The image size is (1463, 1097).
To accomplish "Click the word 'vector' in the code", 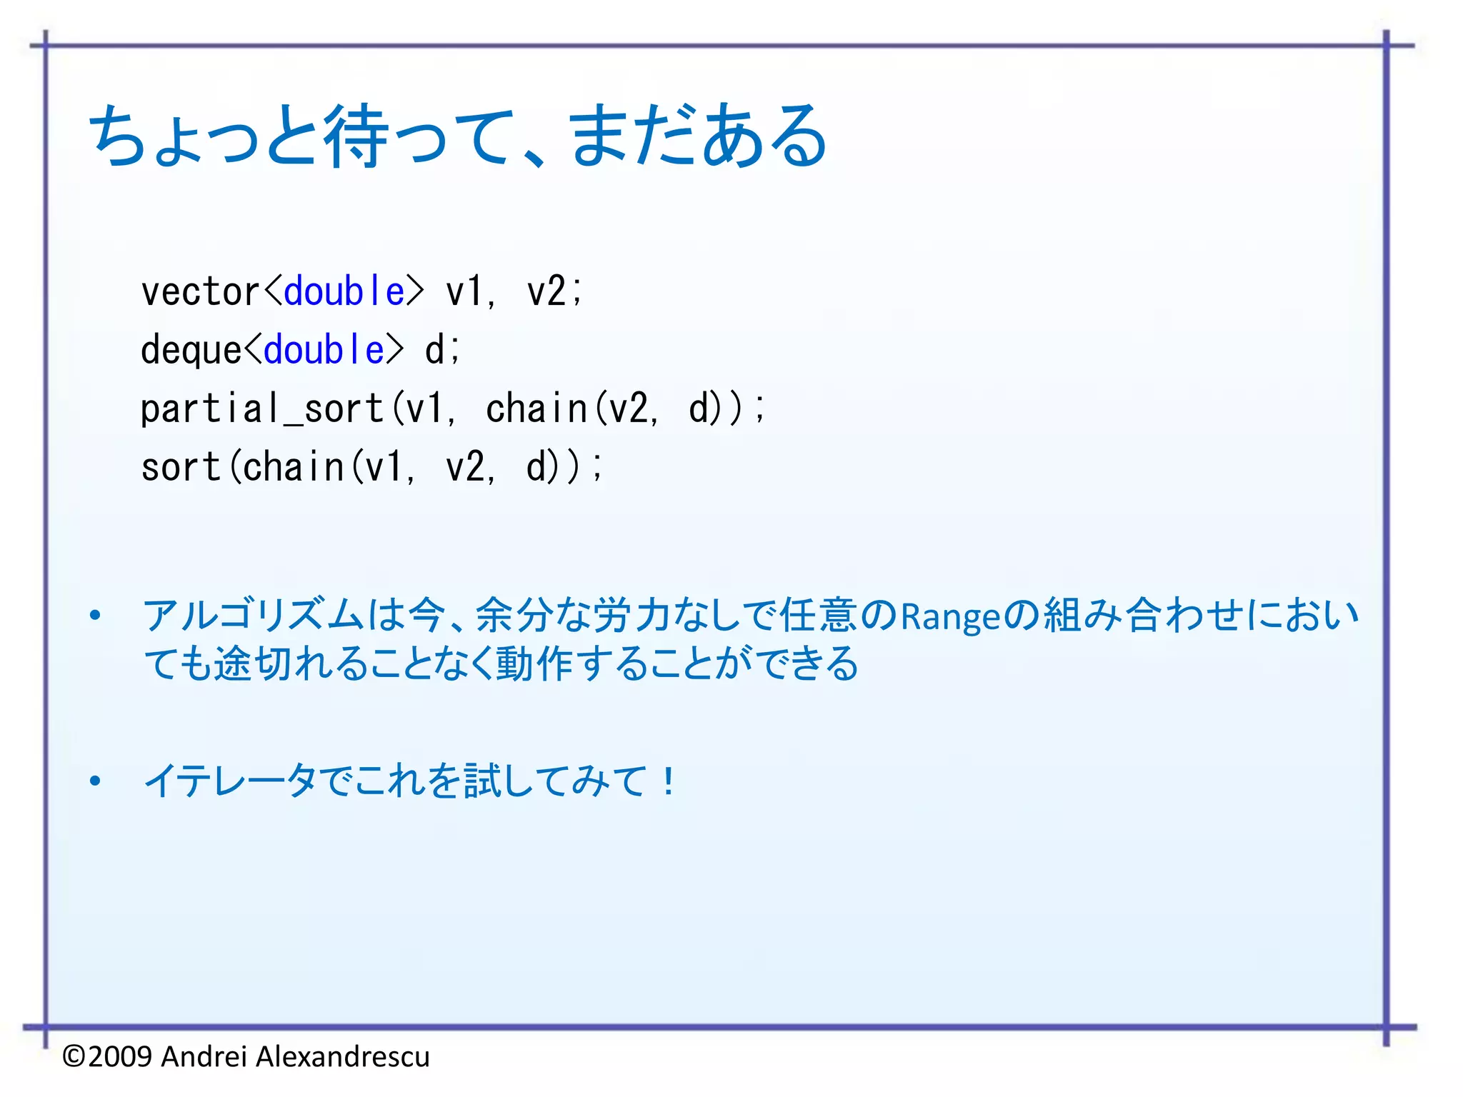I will click(x=200, y=292).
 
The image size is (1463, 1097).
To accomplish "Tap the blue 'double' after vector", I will click(x=344, y=292).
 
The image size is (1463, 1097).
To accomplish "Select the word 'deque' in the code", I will click(x=191, y=351).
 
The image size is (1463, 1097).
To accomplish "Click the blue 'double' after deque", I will click(x=324, y=351).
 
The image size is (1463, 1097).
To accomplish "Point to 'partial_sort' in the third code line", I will click(x=261, y=409).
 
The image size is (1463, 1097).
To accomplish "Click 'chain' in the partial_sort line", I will click(x=536, y=409).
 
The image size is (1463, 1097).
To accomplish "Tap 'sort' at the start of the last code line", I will click(x=181, y=468).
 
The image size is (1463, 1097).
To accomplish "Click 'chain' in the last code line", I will click(x=294, y=468).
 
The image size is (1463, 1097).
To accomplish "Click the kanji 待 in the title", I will click(x=357, y=136).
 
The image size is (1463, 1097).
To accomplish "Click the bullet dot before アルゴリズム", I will click(x=95, y=616).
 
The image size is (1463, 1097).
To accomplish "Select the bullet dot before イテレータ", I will click(x=95, y=781).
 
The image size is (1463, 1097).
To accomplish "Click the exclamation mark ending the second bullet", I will click(x=668, y=781).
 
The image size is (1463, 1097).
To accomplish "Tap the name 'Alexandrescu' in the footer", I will click(x=343, y=1056).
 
